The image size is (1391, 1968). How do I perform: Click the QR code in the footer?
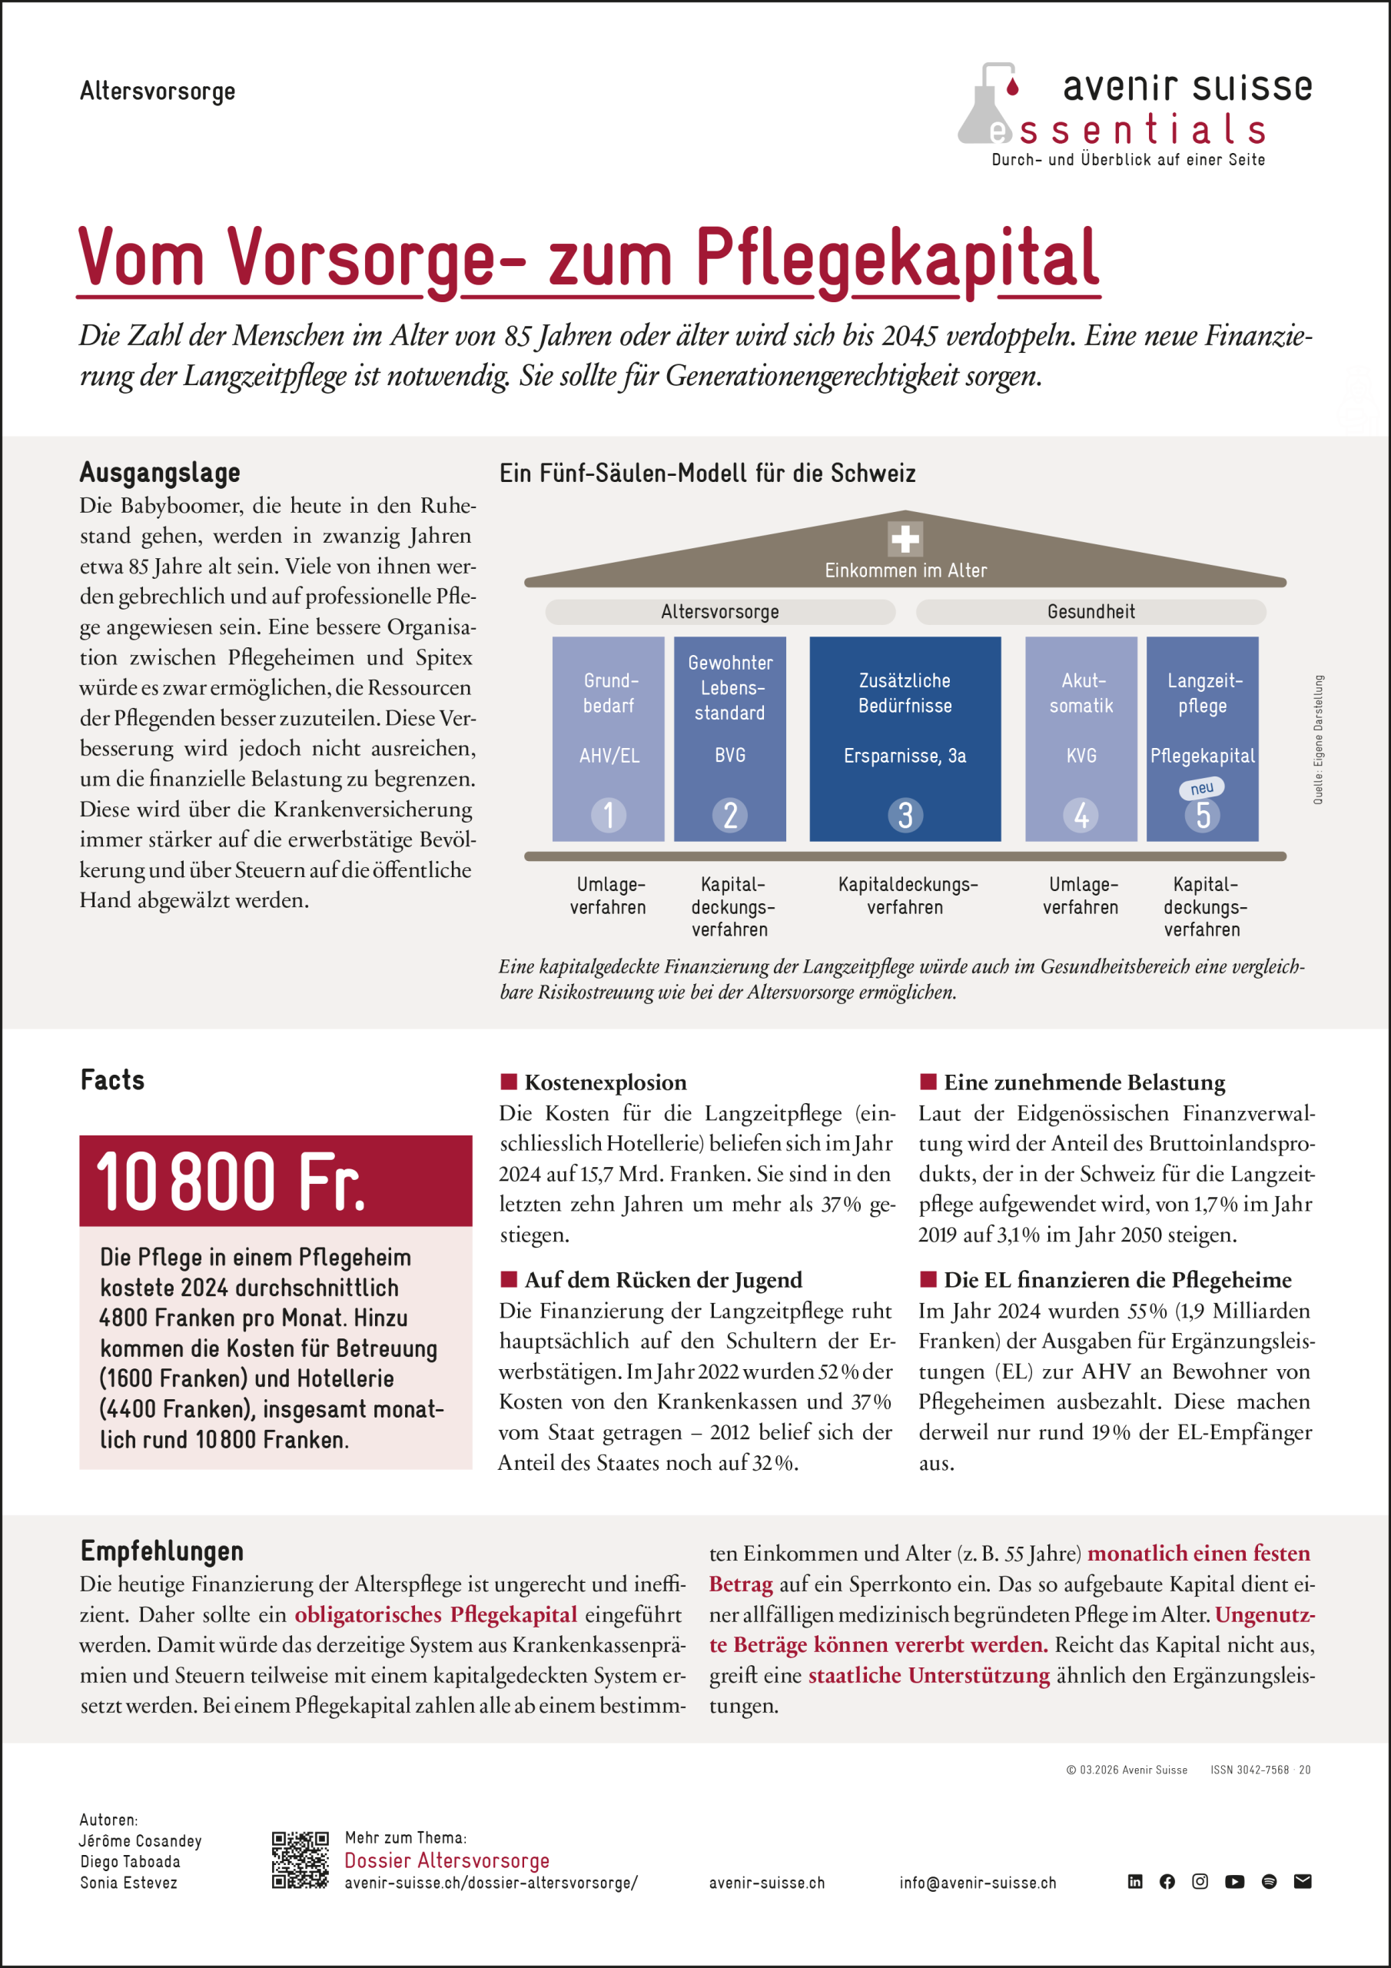[x=300, y=1860]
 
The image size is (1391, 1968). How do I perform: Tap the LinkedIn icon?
[x=1135, y=1881]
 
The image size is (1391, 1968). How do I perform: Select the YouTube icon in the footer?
[x=1234, y=1881]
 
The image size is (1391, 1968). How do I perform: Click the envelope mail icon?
[x=1302, y=1881]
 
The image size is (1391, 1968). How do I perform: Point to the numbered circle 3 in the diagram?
[x=905, y=815]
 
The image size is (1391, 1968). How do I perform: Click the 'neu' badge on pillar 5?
[x=1202, y=788]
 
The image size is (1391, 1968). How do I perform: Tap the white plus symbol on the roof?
[x=905, y=539]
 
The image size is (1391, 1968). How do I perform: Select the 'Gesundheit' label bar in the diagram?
[x=1091, y=612]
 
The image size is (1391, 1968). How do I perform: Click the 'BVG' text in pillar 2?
[x=730, y=755]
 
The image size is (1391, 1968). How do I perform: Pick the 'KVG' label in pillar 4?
[x=1081, y=755]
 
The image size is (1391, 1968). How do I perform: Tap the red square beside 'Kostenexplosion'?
[x=508, y=1082]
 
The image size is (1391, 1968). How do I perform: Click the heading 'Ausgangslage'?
[x=161, y=472]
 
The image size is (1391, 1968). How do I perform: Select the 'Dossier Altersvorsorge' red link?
[x=447, y=1860]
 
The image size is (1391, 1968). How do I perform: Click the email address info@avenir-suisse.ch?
[x=977, y=1883]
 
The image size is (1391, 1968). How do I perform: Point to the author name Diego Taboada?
[x=131, y=1862]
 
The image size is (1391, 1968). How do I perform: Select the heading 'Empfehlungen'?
[x=162, y=1551]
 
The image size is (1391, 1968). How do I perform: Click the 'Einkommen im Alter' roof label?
[x=905, y=571]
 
